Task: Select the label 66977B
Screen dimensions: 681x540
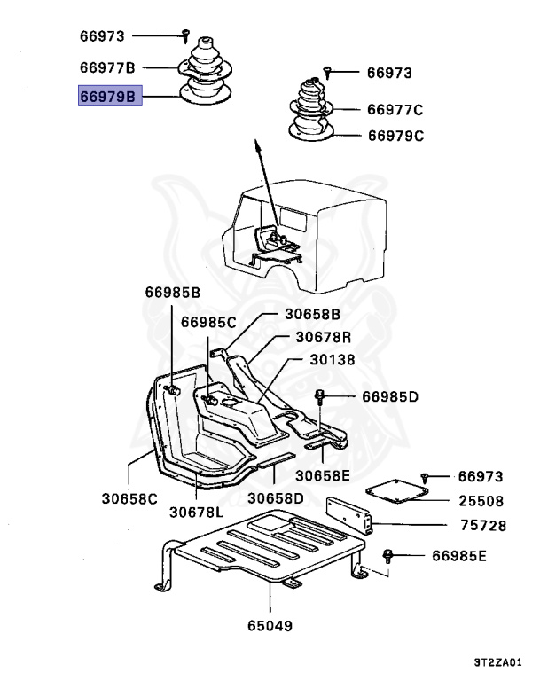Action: coord(106,67)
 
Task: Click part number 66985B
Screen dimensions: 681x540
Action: coord(173,292)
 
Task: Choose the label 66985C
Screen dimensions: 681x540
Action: coord(209,323)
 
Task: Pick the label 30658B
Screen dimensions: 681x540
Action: coord(312,314)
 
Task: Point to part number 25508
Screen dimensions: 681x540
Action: coord(481,501)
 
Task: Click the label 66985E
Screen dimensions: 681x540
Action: coord(460,556)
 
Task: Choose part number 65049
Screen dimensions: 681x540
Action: coord(270,626)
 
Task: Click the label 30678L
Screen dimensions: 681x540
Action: coord(198,512)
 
